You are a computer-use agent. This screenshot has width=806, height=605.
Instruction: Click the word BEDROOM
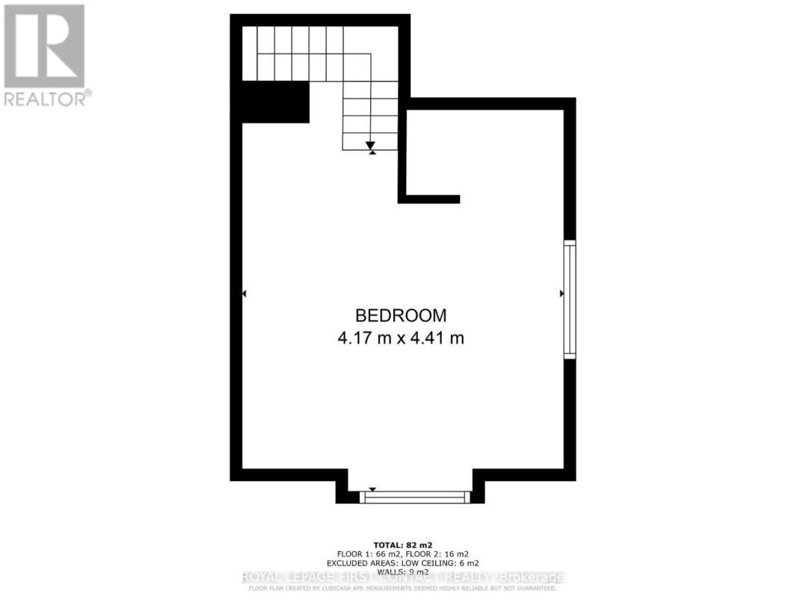[x=401, y=315]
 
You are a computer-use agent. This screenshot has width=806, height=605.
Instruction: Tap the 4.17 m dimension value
[x=365, y=338]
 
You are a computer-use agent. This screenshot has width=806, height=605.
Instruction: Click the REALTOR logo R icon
[x=44, y=46]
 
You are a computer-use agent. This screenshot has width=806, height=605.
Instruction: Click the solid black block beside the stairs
[x=273, y=102]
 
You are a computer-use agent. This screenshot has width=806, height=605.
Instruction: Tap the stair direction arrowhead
[x=371, y=145]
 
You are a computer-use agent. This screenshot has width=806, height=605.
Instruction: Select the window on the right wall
[x=569, y=299]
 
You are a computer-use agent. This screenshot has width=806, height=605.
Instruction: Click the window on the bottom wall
[x=415, y=497]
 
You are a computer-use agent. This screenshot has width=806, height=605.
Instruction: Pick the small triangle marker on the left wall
[x=244, y=294]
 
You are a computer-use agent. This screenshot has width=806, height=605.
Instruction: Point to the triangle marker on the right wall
[x=561, y=294]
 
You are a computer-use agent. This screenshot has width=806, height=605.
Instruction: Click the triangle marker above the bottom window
[x=372, y=490]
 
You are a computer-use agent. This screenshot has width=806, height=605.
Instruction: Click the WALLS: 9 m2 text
[x=403, y=572]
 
